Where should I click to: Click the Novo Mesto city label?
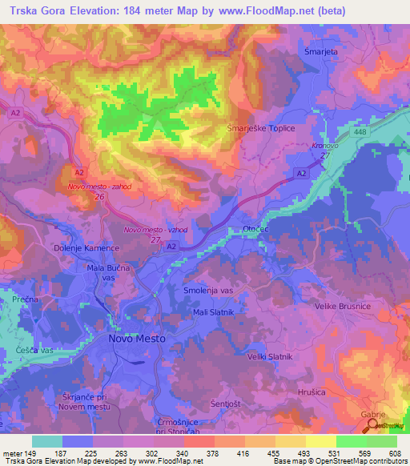pyautogui.click(x=136, y=339)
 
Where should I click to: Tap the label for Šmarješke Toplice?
pyautogui.click(x=262, y=128)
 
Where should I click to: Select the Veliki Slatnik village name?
pyautogui.click(x=270, y=356)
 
